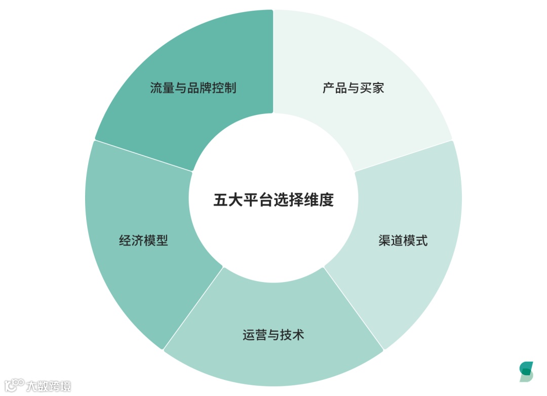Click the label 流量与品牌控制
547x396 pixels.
point(193,88)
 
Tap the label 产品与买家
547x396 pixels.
point(354,88)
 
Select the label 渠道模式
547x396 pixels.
point(403,240)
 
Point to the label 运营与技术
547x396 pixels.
point(273,335)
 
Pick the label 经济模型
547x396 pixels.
point(143,240)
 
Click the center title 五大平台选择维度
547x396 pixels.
point(273,200)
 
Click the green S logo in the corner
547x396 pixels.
point(526,372)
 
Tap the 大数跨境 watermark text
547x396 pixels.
point(49,386)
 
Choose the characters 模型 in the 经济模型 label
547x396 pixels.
point(156,240)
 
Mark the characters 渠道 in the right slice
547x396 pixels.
point(390,240)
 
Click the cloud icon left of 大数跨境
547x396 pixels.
point(13,385)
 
